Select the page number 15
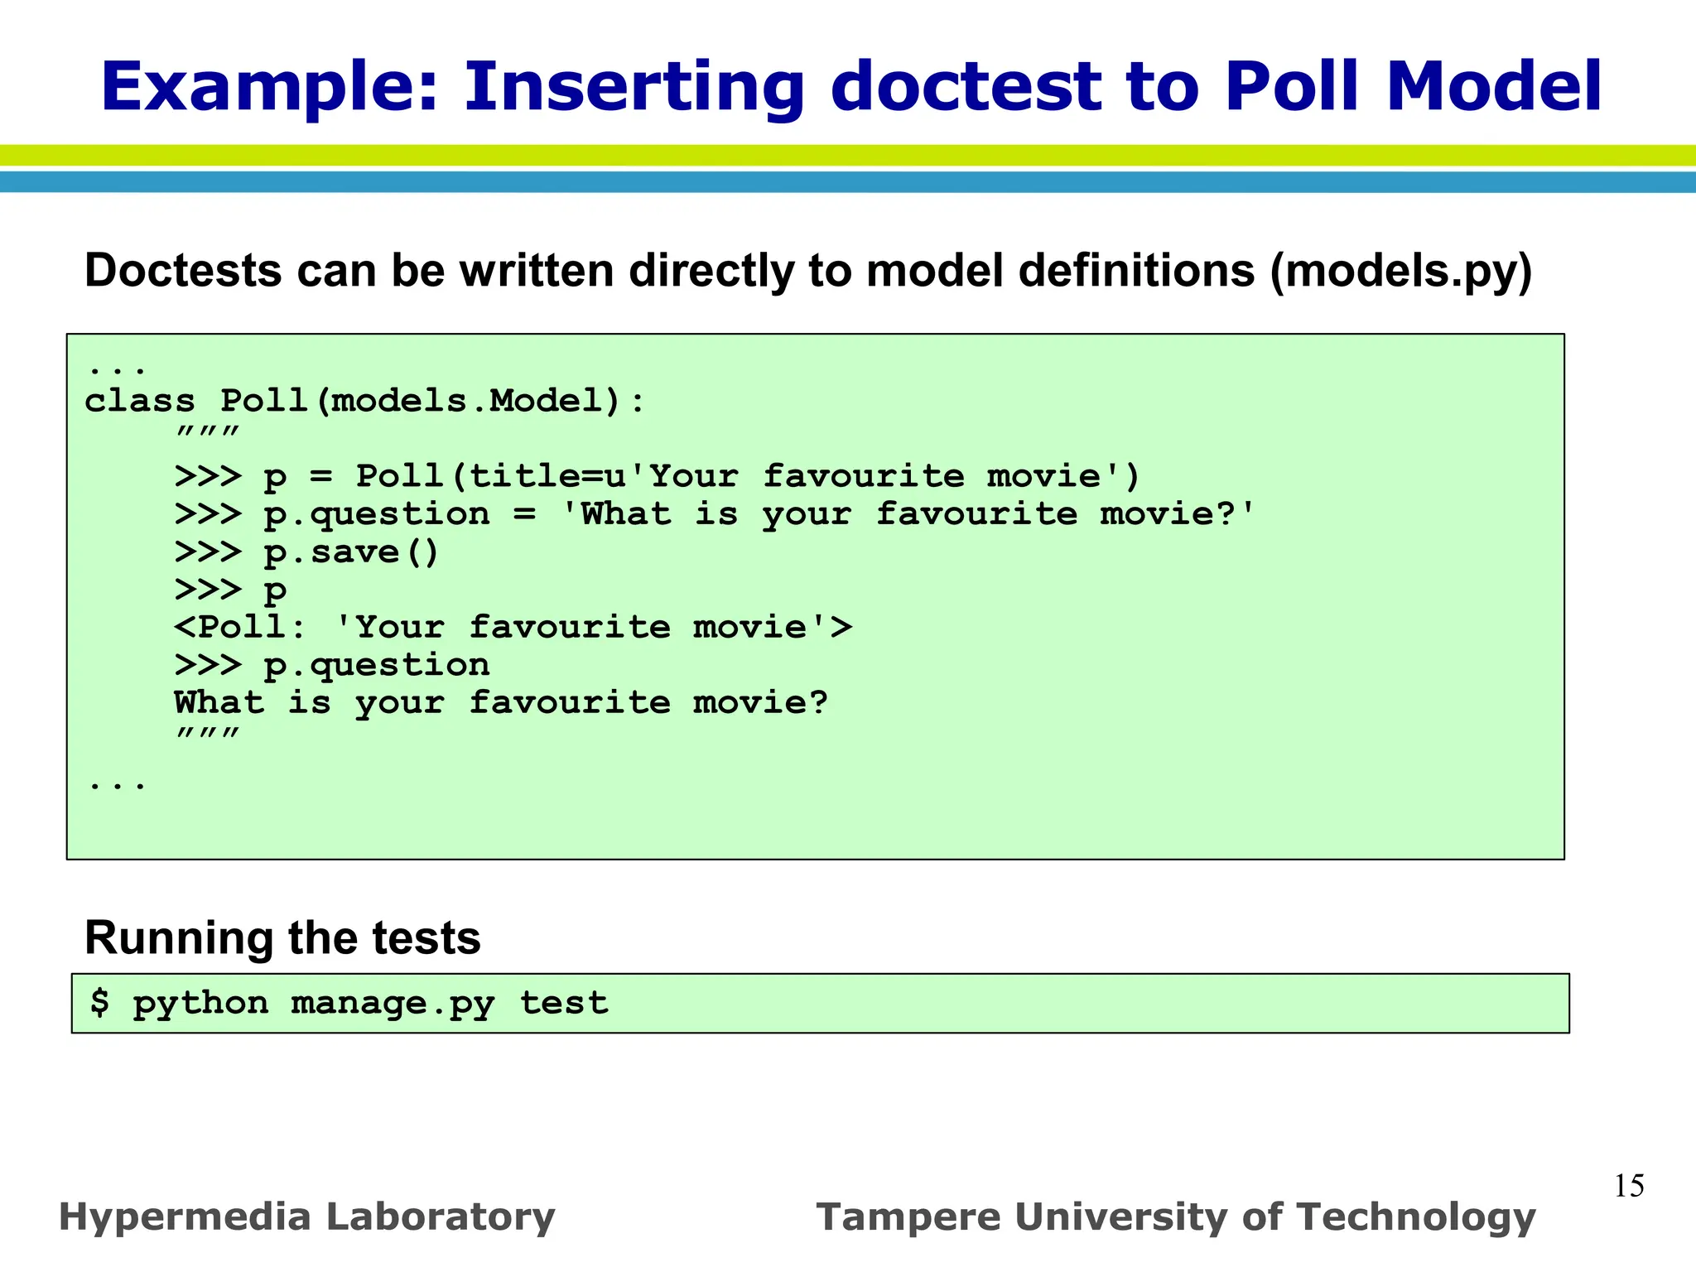[1629, 1186]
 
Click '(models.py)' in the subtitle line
[1401, 271]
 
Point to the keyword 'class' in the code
[140, 401]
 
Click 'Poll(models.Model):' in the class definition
[432, 402]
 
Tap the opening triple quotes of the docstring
[207, 433]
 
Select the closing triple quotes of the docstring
[207, 734]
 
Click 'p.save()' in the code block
[351, 552]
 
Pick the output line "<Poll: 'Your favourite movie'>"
[513, 627]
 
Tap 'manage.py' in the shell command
[393, 1004]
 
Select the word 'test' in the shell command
[564, 1003]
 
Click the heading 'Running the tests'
[282, 938]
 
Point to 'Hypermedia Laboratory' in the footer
[306, 1217]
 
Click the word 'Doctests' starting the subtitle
[183, 271]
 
